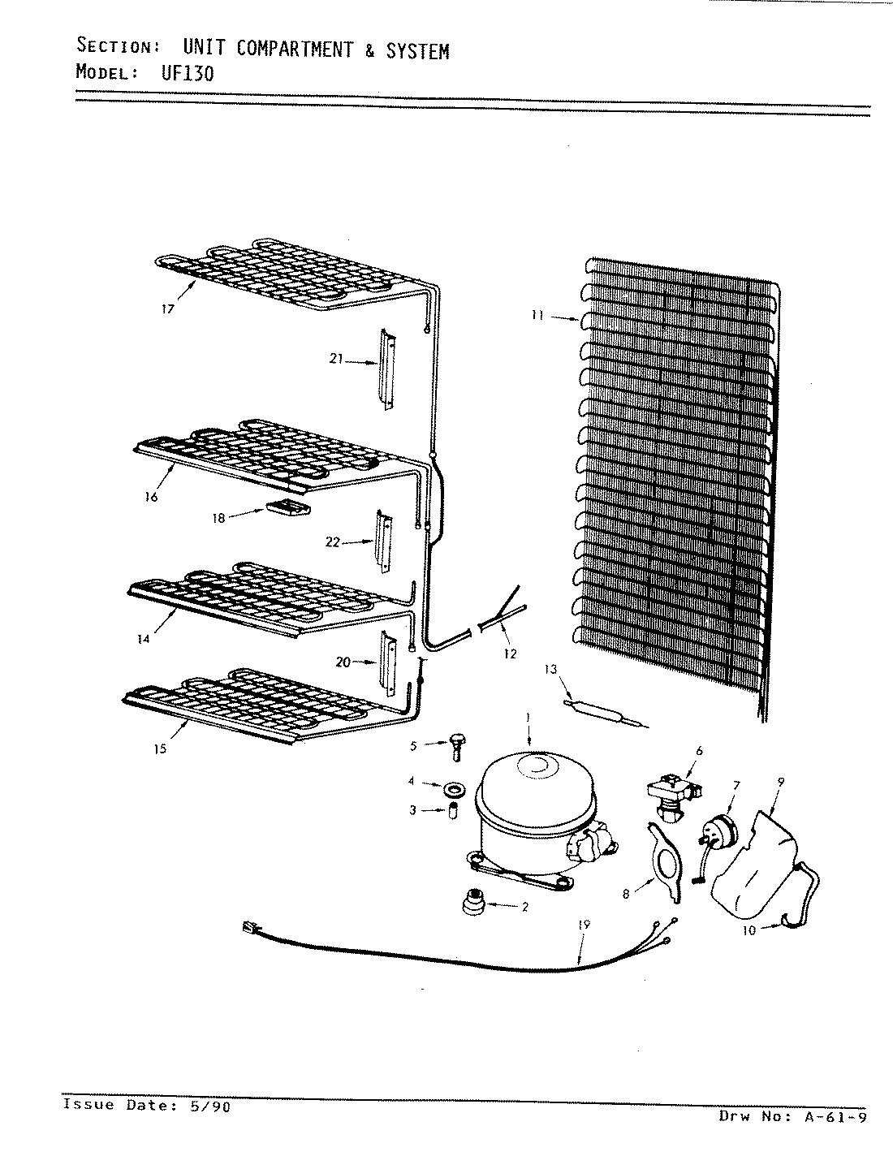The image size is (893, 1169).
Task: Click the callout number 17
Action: pos(166,309)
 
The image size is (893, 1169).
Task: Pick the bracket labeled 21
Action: pos(386,370)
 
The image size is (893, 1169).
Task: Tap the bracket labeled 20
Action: pos(387,662)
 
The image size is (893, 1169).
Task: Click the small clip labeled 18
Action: pos(288,508)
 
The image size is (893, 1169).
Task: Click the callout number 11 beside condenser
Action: pos(537,316)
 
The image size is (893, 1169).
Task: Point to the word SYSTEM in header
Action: pos(417,51)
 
